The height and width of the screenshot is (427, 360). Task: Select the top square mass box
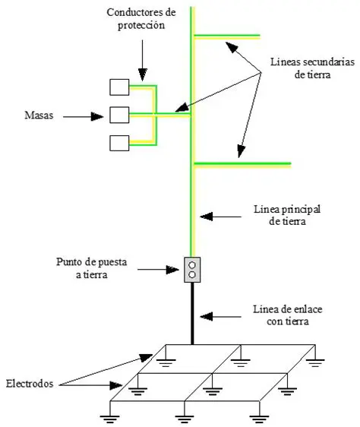[x=118, y=87]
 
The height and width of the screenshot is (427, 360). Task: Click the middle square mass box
[x=118, y=115]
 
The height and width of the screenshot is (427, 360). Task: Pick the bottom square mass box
[x=118, y=142]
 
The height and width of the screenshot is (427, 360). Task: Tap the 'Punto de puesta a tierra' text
[x=112, y=269]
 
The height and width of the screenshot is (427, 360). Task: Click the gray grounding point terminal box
[x=192, y=270]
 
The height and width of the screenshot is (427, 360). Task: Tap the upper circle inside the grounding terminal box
[x=192, y=265]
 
